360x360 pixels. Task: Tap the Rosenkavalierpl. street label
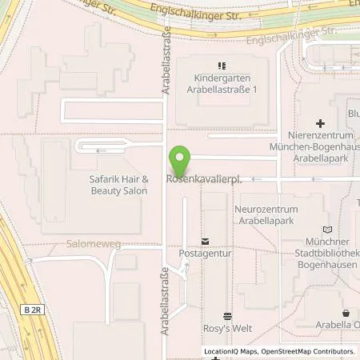tap(203, 178)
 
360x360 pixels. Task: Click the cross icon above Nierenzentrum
tap(320, 123)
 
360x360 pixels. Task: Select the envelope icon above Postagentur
tap(204, 241)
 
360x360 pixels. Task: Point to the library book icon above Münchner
tap(324, 229)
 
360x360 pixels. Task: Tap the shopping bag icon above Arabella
tap(346, 313)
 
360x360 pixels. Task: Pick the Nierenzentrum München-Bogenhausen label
tap(320, 147)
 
